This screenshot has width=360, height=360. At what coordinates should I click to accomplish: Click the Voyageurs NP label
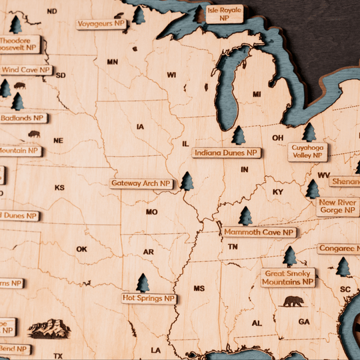click(x=101, y=24)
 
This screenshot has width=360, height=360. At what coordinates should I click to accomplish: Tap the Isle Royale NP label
click(x=224, y=14)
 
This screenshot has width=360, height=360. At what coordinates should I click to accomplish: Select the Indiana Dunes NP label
click(x=226, y=153)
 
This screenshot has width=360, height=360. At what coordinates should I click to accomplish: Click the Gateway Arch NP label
click(x=141, y=183)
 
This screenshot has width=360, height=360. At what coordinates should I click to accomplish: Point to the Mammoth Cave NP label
click(x=259, y=232)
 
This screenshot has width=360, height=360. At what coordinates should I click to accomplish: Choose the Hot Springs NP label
click(x=148, y=298)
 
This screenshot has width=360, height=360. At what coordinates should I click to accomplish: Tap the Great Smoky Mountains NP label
click(x=288, y=278)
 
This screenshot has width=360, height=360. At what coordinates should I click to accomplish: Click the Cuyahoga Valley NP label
click(x=307, y=151)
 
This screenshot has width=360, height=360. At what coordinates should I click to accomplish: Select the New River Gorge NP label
click(x=337, y=206)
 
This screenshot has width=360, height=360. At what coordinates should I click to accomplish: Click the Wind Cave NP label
click(x=25, y=69)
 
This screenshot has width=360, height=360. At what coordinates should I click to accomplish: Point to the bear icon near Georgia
click(x=293, y=301)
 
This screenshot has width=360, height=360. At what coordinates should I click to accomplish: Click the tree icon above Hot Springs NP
click(x=143, y=283)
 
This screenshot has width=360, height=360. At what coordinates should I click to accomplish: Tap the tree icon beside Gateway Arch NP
click(x=187, y=181)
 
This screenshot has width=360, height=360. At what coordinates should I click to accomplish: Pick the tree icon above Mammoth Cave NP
click(x=245, y=215)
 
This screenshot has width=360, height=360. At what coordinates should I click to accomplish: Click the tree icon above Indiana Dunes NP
click(x=238, y=135)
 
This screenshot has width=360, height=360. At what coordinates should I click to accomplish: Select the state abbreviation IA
click(x=140, y=127)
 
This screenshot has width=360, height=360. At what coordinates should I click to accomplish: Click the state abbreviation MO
click(x=151, y=212)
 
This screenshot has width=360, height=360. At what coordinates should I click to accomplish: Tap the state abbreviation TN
click(x=233, y=247)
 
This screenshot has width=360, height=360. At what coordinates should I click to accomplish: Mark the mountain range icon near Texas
click(x=49, y=328)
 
